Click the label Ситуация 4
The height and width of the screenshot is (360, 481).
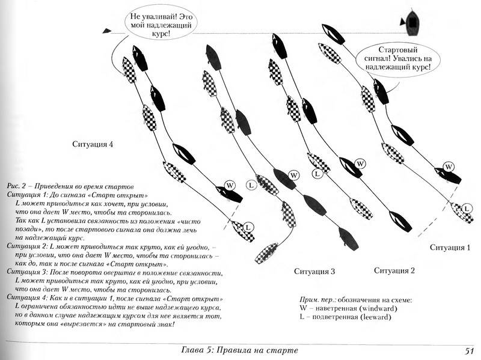tap(93, 144)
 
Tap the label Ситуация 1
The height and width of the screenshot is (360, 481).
tap(450, 248)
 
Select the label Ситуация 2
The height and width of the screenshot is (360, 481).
tap(394, 270)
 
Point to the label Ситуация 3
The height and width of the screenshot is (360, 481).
tap(314, 272)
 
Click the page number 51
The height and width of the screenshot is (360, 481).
tap(470, 350)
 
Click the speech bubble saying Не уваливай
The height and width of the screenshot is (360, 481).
tap(161, 25)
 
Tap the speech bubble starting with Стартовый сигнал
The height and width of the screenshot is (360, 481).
tap(398, 58)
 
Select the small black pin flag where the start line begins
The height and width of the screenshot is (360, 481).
tap(106, 31)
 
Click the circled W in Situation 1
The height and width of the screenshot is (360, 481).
tap(449, 167)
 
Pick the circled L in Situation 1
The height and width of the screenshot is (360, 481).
tap(467, 209)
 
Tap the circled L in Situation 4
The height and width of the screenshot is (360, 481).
tap(248, 227)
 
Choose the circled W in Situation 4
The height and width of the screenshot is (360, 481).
tap(230, 186)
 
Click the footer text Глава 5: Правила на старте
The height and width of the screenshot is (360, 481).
tap(239, 350)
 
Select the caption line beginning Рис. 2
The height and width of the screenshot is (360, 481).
tap(70, 186)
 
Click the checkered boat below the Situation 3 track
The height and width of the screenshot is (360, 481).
tap(267, 253)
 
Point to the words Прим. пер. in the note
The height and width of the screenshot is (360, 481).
tap(317, 300)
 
